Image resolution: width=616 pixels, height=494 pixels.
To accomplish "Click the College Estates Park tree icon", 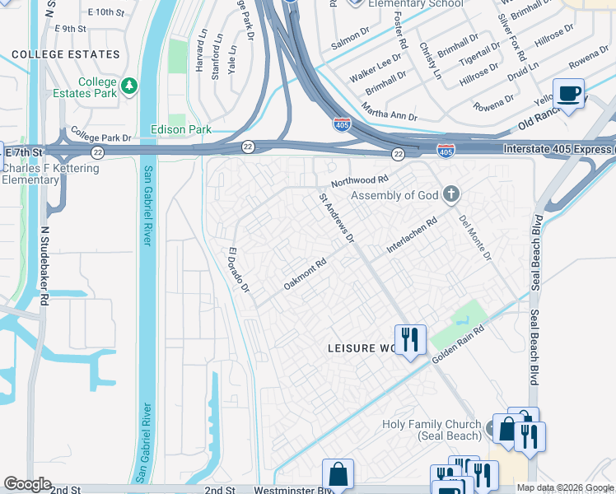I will (x=128, y=86).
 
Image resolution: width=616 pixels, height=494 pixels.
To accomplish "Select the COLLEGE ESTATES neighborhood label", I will (x=66, y=54).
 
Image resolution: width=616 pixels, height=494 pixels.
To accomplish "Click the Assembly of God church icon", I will (x=450, y=195).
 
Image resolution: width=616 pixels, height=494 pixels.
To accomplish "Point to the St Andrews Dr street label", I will (x=337, y=219).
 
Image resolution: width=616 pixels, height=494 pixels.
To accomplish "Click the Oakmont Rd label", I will (x=306, y=274).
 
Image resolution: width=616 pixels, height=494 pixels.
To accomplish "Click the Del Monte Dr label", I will (x=474, y=238).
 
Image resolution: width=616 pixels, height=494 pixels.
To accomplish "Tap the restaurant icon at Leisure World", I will (x=409, y=339).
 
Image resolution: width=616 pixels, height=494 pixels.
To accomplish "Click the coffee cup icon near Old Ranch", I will (x=568, y=92).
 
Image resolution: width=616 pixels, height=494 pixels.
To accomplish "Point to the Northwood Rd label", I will (x=359, y=180).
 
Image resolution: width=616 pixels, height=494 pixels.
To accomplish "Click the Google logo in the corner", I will (x=27, y=484).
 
